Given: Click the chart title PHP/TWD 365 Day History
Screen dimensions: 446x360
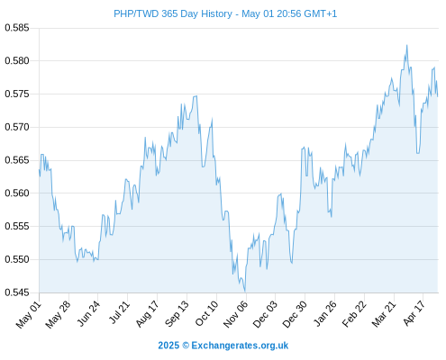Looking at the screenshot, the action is pos(173,13).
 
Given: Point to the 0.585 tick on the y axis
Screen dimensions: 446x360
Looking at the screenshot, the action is pos(17,28).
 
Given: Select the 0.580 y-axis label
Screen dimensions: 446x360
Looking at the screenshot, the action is pos(17,61).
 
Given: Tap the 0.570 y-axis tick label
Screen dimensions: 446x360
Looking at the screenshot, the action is pos(17,127).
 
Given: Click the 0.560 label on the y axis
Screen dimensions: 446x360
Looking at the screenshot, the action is pos(17,193).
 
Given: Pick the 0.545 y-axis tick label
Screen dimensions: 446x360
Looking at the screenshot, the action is pos(17,292).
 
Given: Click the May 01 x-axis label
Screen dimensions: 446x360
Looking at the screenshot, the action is pos(29,315).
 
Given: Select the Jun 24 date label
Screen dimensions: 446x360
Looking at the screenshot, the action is pos(88,313).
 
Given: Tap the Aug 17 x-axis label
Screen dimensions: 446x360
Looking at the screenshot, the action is pos(147,314).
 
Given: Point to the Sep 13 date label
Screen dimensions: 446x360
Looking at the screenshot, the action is pos(177,313).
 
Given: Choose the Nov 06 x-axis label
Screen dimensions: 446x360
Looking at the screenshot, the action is pos(236,314).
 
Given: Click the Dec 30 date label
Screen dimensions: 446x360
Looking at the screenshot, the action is pos(296,314).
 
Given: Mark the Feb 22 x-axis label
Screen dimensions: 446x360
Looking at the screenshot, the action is pos(355,314).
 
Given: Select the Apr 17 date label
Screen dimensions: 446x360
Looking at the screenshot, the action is pos(414,313).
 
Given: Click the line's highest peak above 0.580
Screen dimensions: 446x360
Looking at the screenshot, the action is pos(407,45).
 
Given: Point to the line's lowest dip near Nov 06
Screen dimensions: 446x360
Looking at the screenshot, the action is pos(245,292).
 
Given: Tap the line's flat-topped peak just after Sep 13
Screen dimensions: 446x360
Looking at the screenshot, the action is pos(196,96).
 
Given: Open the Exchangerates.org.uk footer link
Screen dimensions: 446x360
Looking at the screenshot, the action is pos(240,346).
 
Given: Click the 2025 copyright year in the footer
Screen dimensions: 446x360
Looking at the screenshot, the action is pos(168,346).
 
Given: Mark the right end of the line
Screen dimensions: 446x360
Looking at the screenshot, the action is pos(438,96).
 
